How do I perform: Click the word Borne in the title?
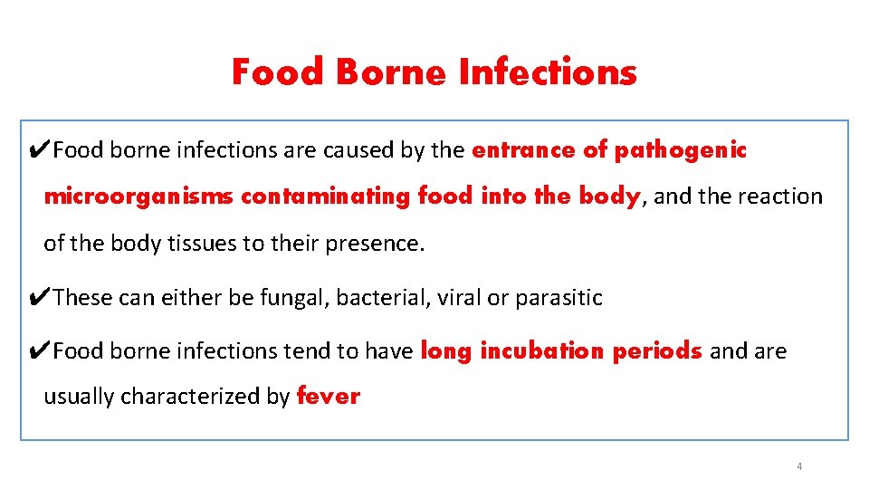pyautogui.click(x=391, y=72)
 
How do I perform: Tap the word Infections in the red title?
pyautogui.click(x=548, y=72)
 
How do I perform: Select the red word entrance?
pyautogui.click(x=523, y=150)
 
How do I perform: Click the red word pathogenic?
pyautogui.click(x=681, y=150)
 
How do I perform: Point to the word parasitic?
pyautogui.click(x=559, y=298)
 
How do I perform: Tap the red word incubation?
pyautogui.click(x=543, y=351)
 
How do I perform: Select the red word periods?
pyautogui.click(x=657, y=351)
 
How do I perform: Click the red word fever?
pyautogui.click(x=329, y=397)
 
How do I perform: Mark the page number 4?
pyautogui.click(x=799, y=466)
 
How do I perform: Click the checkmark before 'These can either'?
pyautogui.click(x=41, y=298)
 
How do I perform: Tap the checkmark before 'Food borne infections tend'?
pyautogui.click(x=41, y=351)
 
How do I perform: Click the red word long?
pyautogui.click(x=447, y=351)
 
